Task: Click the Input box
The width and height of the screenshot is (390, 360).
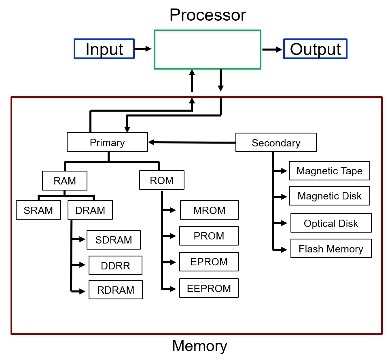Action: tap(104, 49)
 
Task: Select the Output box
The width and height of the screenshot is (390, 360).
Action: tap(315, 49)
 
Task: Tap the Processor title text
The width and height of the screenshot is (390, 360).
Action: tap(208, 15)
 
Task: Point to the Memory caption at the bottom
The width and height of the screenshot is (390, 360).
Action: tap(199, 346)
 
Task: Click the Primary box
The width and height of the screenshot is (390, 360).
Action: tap(107, 142)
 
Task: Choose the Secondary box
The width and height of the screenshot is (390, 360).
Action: tap(276, 143)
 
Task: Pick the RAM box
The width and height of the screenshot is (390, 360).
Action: tap(65, 180)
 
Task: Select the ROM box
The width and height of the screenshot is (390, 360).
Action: tap(161, 180)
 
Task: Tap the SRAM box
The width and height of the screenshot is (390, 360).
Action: tap(38, 210)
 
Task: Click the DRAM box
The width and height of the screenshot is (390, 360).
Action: tap(90, 210)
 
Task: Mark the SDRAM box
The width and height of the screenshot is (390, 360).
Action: tap(114, 240)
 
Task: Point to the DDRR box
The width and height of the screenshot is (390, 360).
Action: tap(115, 265)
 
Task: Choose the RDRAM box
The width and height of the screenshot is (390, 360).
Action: tap(116, 290)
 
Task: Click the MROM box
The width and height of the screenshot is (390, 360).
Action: tap(209, 210)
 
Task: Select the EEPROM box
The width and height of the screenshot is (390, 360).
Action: tap(209, 288)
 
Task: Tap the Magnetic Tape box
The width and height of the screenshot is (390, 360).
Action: tap(329, 171)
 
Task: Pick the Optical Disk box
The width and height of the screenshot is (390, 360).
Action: tap(331, 223)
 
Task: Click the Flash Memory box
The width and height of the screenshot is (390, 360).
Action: tap(331, 249)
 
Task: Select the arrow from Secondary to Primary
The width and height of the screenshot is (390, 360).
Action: tap(192, 142)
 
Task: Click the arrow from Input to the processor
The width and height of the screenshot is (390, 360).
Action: tap(142, 49)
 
